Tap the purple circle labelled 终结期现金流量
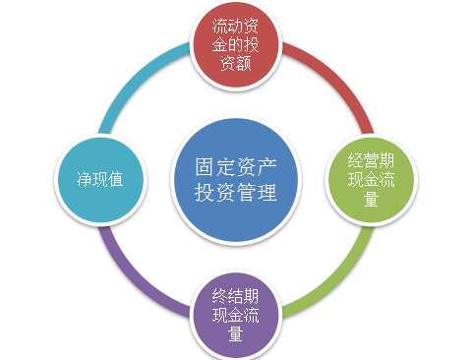(x=235, y=314)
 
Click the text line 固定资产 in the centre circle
(x=235, y=166)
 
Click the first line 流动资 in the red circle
(x=236, y=26)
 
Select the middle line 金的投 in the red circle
(x=236, y=44)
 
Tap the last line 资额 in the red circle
(x=236, y=63)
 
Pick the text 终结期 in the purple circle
(x=236, y=295)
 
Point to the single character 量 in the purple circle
(x=236, y=333)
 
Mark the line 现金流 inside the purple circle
(x=236, y=315)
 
